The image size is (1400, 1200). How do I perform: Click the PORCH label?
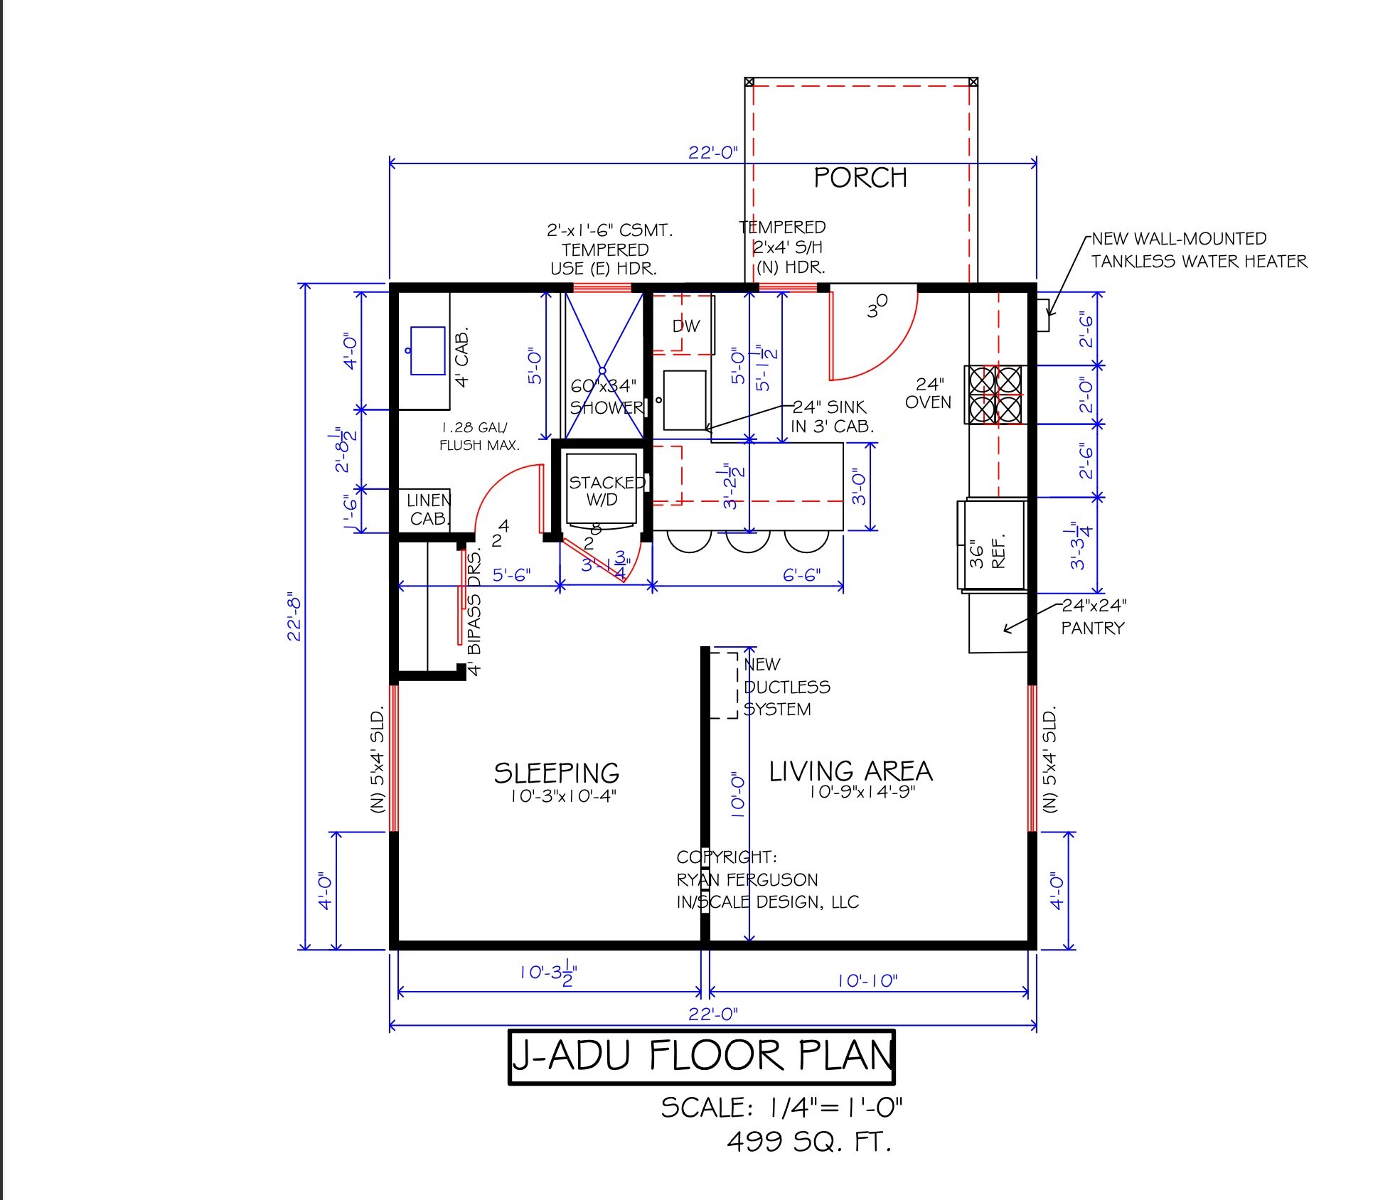pyautogui.click(x=860, y=178)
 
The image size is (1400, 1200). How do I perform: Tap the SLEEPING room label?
pyautogui.click(x=556, y=773)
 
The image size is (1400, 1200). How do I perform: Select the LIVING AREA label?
pyautogui.click(x=850, y=771)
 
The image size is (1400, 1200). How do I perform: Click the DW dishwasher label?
pyautogui.click(x=686, y=326)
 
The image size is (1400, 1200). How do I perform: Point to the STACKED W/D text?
pyautogui.click(x=605, y=491)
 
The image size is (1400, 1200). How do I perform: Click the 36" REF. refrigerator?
pyautogui.click(x=991, y=546)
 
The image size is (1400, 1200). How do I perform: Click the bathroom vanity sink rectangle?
pyautogui.click(x=427, y=350)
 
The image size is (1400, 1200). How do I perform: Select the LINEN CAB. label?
pyautogui.click(x=428, y=510)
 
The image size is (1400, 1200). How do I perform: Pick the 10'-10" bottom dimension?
pyautogui.click(x=867, y=981)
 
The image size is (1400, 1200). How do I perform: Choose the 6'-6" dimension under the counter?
pyautogui.click(x=801, y=574)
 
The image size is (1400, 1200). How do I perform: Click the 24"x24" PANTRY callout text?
pyautogui.click(x=1093, y=616)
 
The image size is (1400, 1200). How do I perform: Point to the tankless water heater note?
pyautogui.click(x=1198, y=250)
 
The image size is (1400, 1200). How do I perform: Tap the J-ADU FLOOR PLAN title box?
pyautogui.click(x=701, y=1056)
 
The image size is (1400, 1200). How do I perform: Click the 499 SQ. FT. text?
pyautogui.click(x=808, y=1142)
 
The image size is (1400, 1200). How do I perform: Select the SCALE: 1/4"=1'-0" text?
pyautogui.click(x=781, y=1108)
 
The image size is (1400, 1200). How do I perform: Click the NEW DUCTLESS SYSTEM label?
pyautogui.click(x=785, y=687)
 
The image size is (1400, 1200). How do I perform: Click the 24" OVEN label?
pyautogui.click(x=928, y=393)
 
